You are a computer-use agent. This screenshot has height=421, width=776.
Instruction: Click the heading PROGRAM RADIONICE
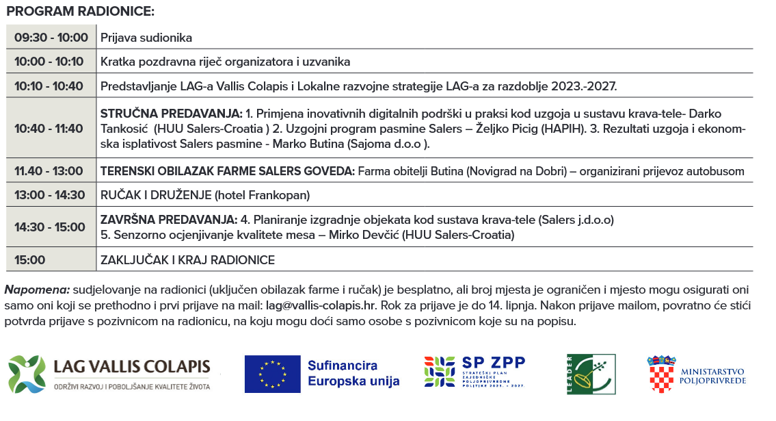point(80,12)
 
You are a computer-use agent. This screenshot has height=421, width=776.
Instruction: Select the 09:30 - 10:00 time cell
point(51,38)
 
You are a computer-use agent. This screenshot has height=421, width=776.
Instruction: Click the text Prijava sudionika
point(146,38)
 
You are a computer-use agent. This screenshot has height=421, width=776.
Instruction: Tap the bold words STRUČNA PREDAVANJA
point(171,113)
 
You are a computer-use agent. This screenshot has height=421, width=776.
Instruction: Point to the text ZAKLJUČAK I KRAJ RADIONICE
point(187,260)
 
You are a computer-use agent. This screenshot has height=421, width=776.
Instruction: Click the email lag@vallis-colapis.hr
point(321,305)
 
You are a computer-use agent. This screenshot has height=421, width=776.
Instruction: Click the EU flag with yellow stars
point(272,374)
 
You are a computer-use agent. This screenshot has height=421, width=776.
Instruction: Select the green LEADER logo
point(591,374)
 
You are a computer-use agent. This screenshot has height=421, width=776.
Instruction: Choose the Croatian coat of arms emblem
point(661,374)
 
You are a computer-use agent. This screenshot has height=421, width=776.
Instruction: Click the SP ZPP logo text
point(494,363)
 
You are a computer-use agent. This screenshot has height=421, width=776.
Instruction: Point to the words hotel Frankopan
point(262,195)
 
